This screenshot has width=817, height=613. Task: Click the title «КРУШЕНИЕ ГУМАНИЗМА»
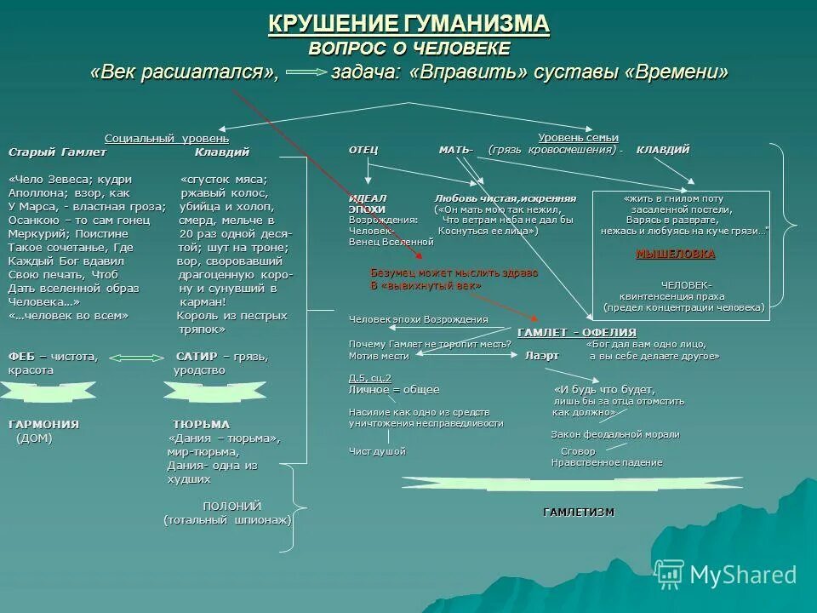tap(408, 24)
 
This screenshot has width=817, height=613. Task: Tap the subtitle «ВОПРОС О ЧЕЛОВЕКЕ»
tap(409, 48)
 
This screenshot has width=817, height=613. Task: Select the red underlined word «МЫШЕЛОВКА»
tap(676, 254)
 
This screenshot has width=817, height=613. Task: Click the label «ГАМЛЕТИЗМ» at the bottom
tap(579, 512)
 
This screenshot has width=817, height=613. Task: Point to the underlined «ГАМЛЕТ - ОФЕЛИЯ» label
tap(577, 332)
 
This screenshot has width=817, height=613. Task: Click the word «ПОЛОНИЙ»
tap(231, 506)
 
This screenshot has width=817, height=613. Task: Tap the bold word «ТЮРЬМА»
tap(201, 424)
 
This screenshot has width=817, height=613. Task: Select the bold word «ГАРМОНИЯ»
tap(43, 424)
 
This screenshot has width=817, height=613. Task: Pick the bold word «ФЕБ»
tap(21, 357)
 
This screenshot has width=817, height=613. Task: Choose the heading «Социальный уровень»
tap(167, 139)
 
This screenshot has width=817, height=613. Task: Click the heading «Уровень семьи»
tap(579, 138)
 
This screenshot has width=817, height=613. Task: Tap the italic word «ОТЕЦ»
tap(363, 150)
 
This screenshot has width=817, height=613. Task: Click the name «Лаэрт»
tap(542, 356)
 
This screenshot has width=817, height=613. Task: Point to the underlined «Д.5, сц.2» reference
tap(370, 377)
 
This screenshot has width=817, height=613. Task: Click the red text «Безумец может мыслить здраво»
tap(454, 273)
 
